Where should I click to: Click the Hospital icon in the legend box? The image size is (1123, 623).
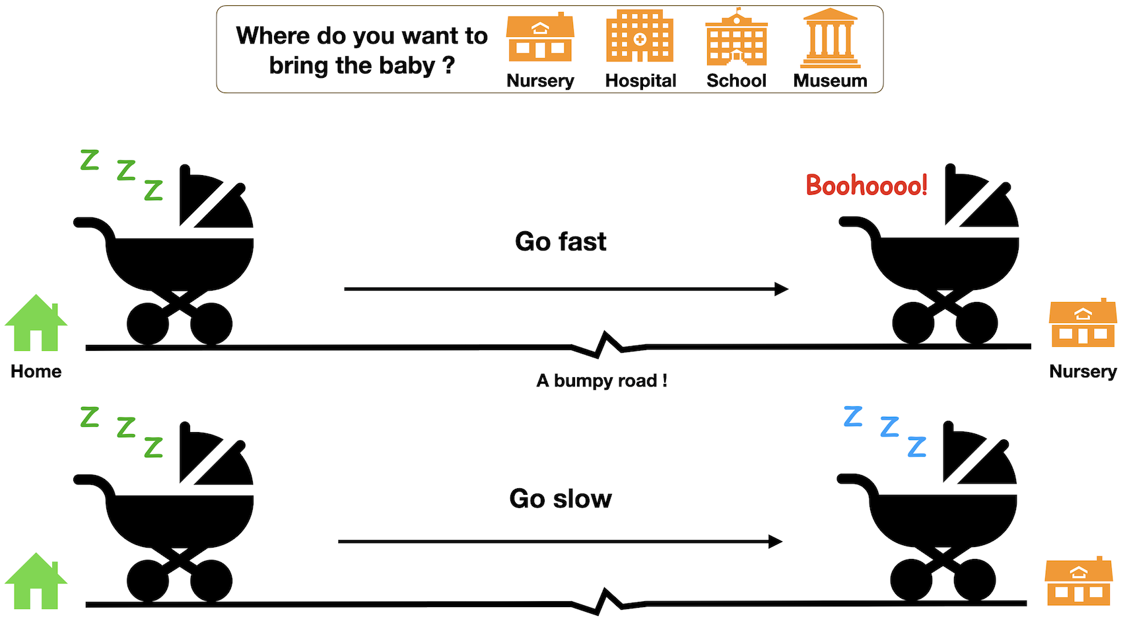click(x=639, y=38)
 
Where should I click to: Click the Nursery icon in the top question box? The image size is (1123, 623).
click(x=540, y=38)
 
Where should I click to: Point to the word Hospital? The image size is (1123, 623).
click(x=640, y=81)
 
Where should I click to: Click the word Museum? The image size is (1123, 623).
click(x=830, y=81)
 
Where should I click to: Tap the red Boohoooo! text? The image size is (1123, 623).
click(x=866, y=186)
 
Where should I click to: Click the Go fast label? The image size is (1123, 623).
click(x=561, y=242)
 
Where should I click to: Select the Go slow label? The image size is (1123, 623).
click(x=561, y=499)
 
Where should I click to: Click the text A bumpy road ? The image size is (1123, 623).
click(x=601, y=381)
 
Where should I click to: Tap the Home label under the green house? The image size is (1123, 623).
click(x=36, y=371)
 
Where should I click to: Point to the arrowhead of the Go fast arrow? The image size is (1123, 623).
click(x=782, y=289)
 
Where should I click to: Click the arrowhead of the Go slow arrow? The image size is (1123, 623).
click(x=776, y=542)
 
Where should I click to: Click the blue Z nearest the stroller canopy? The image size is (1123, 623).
click(x=916, y=447)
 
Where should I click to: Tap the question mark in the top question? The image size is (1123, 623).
click(x=448, y=65)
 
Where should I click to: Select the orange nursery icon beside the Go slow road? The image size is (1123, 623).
click(x=1078, y=581)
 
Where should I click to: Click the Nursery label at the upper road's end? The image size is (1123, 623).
click(x=1083, y=371)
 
